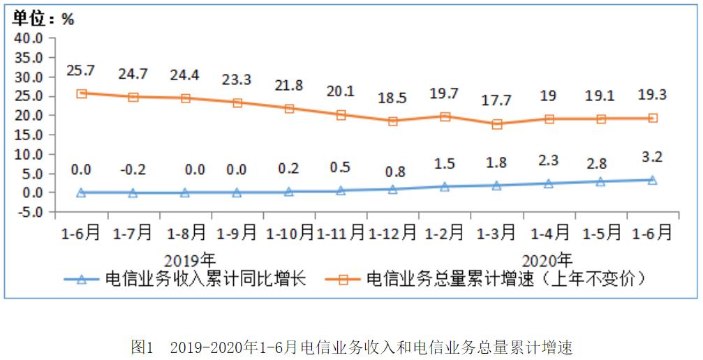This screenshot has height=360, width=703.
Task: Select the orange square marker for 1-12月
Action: click(x=392, y=121)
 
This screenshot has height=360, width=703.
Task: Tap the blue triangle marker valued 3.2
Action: click(x=652, y=180)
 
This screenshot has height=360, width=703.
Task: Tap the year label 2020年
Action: click(x=547, y=260)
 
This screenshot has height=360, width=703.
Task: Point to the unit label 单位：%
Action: click(x=43, y=19)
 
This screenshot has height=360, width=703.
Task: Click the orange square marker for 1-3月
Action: click(x=496, y=124)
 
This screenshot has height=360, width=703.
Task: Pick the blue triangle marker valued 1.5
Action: click(x=445, y=186)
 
